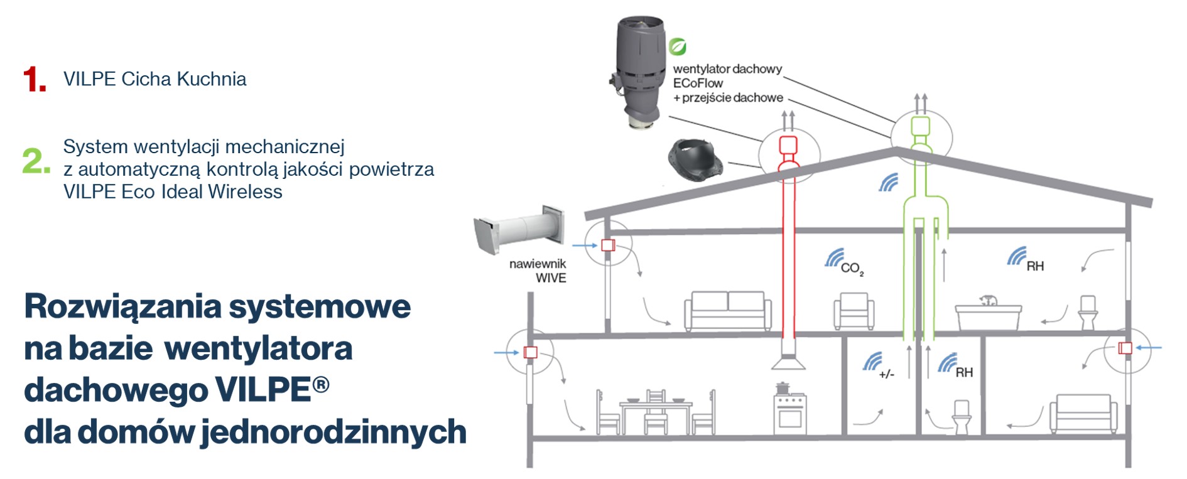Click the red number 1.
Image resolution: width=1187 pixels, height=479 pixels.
tap(35, 80)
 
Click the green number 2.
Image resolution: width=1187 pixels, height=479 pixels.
tap(36, 161)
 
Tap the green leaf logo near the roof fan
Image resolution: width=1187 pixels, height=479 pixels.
tap(677, 46)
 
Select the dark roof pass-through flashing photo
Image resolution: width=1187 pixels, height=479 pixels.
tap(695, 158)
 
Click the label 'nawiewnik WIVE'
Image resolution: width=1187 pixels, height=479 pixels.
tap(539, 271)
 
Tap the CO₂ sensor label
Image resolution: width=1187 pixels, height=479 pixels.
tap(852, 269)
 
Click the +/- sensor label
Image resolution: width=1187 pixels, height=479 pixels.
tap(886, 374)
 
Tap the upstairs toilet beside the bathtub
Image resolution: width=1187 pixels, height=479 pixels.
tap(1088, 312)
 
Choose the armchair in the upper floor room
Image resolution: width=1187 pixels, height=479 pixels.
tap(854, 311)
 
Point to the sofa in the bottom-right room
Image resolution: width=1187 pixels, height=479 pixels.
tap(1083, 414)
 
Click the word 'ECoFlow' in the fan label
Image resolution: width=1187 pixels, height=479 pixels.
tap(698, 83)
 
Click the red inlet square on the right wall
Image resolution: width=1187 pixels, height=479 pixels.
tap(1125, 348)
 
